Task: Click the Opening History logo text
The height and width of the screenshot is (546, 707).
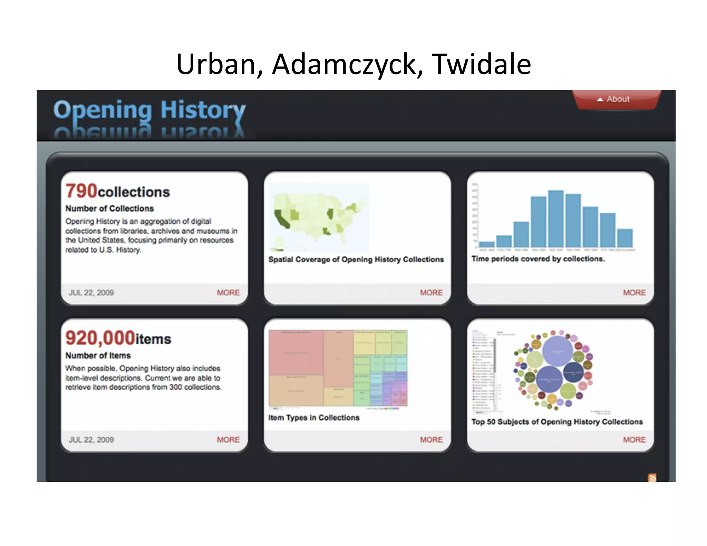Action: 149,110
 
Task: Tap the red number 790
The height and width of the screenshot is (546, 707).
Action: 81,191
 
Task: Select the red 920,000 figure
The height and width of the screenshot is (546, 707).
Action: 100,338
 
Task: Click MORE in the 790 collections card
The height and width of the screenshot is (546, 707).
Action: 228,293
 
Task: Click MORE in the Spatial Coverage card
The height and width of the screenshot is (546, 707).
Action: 431,293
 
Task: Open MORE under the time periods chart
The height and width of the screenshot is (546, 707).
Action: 634,293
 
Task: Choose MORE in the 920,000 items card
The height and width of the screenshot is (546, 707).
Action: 228,440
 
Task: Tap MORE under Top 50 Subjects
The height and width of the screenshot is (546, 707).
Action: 634,440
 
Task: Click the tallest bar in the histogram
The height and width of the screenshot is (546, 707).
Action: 556,218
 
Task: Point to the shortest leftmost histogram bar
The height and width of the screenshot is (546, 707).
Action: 487,244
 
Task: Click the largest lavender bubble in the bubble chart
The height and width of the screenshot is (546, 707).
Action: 558,351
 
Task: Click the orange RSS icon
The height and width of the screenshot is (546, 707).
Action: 652,478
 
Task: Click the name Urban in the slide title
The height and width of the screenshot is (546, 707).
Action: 216,64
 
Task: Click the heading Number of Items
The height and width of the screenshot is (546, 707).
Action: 98,355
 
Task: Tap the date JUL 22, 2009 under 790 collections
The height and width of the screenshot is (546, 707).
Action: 91,293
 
